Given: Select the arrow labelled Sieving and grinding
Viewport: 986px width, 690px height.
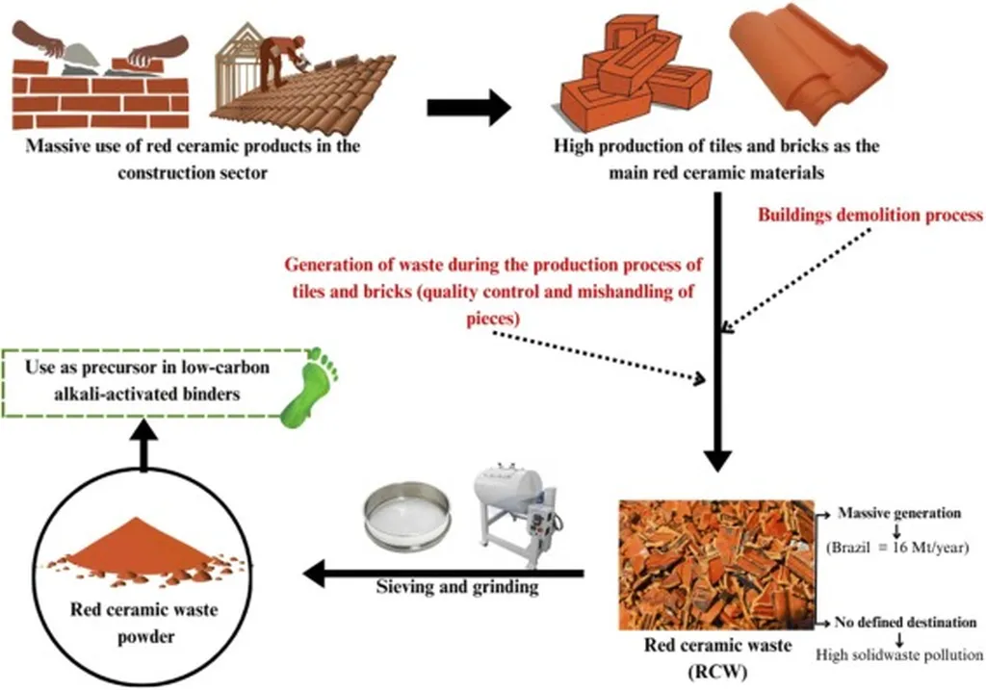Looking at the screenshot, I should [443, 575].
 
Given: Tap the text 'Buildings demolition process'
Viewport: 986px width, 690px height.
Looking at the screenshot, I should [869, 216].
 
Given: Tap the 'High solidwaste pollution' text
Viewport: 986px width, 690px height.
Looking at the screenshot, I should [898, 654].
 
